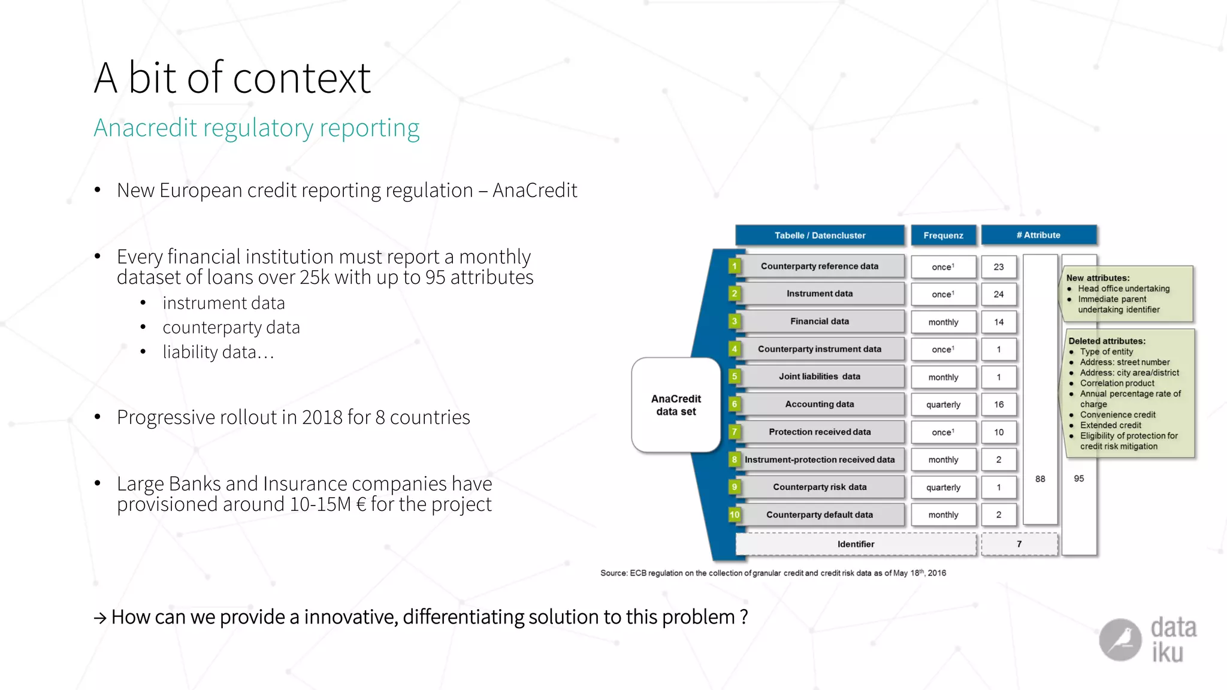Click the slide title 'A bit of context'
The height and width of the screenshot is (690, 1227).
[232, 78]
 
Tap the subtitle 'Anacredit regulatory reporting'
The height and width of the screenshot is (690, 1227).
[256, 128]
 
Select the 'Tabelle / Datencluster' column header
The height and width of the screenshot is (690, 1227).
[819, 235]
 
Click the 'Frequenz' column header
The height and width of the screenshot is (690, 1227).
[943, 235]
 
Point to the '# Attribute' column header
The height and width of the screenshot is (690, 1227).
[1038, 235]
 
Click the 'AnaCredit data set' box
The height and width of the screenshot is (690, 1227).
[676, 405]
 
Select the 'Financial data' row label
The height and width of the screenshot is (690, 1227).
[819, 322]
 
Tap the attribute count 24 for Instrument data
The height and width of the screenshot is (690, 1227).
[998, 294]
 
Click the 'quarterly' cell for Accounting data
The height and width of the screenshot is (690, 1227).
[943, 405]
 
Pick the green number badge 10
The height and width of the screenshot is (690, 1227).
[734, 515]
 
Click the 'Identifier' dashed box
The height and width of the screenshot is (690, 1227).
[856, 544]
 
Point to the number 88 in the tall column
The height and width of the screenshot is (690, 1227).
[1040, 479]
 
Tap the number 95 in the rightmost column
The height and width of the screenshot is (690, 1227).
[1078, 479]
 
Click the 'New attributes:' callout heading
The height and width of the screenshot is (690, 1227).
[1098, 278]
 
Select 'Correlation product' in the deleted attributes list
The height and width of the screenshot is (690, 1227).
[1117, 383]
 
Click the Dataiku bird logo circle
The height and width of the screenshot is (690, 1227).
[1120, 640]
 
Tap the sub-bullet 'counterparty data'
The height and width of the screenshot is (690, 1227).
[231, 328]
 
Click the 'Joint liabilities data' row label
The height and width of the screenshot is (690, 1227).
[819, 377]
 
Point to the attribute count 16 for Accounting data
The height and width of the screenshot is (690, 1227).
[998, 405]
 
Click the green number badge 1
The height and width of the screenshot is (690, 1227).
[734, 266]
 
